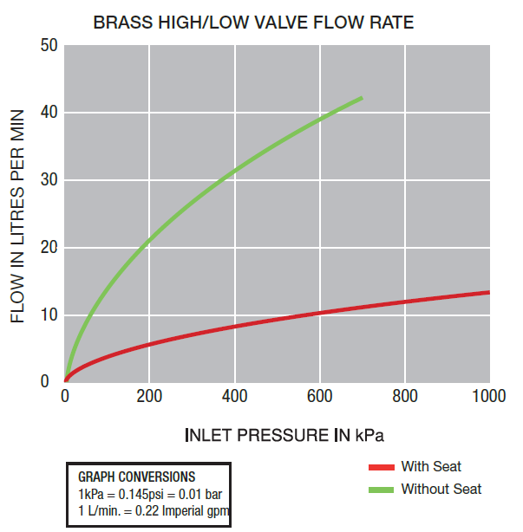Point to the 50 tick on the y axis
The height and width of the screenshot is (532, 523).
pyautogui.click(x=49, y=45)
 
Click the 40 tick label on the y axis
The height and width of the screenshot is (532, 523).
pyautogui.click(x=49, y=113)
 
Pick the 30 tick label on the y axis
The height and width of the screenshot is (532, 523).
pyautogui.click(x=49, y=180)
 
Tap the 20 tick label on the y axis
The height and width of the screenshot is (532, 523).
pyautogui.click(x=49, y=248)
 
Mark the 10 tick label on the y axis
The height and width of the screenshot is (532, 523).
pyautogui.click(x=49, y=315)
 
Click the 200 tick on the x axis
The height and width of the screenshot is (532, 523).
pyautogui.click(x=149, y=397)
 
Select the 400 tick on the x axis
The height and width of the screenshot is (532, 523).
pyautogui.click(x=234, y=397)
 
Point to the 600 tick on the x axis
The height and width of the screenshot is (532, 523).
pyautogui.click(x=319, y=397)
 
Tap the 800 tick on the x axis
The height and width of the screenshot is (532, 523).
pyautogui.click(x=404, y=397)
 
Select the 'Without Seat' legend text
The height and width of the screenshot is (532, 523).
pyautogui.click(x=441, y=490)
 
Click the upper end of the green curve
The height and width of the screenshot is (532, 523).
pyautogui.click(x=361, y=99)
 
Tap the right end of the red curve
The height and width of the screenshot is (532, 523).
pyautogui.click(x=489, y=292)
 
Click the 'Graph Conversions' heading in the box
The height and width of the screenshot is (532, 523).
pyautogui.click(x=137, y=477)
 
